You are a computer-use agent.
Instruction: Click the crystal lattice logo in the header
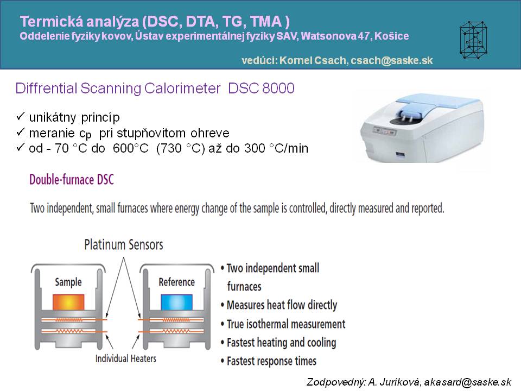(x=473, y=40)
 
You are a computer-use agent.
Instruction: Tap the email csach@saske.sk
(x=392, y=60)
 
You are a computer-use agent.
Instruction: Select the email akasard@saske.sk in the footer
(x=467, y=382)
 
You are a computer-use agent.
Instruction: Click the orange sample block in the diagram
(x=68, y=302)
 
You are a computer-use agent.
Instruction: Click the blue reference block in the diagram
(x=176, y=302)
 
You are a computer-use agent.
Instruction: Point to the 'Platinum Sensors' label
(x=124, y=245)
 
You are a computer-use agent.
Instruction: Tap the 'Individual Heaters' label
(x=125, y=358)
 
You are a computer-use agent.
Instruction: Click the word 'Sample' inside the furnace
(x=68, y=282)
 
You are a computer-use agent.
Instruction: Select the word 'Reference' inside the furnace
(x=176, y=282)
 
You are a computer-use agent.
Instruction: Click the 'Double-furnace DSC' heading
(x=72, y=180)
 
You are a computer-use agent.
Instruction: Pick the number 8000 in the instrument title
(x=278, y=89)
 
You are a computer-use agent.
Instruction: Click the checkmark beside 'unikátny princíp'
(x=21, y=116)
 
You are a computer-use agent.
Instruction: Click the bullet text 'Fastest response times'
(x=271, y=361)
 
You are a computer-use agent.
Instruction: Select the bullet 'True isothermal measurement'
(x=286, y=324)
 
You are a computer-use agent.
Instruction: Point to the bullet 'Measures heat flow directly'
(x=282, y=305)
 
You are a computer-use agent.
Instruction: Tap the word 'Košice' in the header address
(x=391, y=36)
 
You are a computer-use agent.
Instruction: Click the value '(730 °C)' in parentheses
(x=180, y=148)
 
